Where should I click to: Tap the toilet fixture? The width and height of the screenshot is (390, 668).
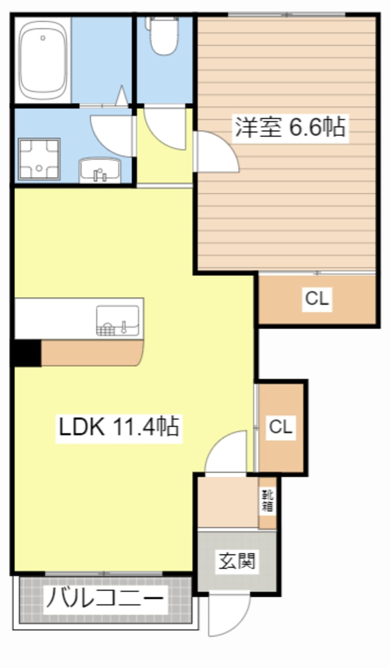[x=162, y=35]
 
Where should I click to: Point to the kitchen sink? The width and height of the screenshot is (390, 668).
[x=118, y=320]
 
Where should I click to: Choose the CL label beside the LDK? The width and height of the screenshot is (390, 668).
[x=281, y=427]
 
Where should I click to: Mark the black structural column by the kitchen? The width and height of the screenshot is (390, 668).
[x=26, y=353]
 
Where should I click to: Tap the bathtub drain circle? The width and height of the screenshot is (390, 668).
[x=43, y=38]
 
